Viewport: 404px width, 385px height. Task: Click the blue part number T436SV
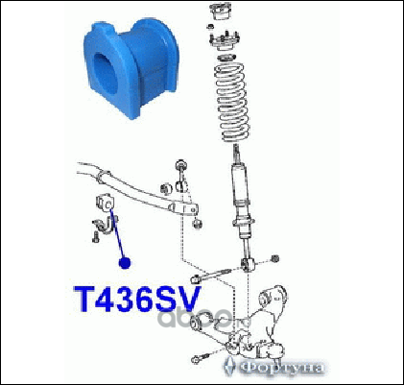tap(137, 299)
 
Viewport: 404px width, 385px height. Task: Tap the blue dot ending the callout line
tap(125, 263)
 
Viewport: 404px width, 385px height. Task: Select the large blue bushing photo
tap(131, 68)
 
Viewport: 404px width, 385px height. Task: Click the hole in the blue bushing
tap(106, 72)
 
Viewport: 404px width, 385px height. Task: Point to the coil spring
tap(232, 102)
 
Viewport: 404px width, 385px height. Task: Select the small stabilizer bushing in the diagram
tap(105, 202)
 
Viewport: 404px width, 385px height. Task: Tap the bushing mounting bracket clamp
tap(104, 226)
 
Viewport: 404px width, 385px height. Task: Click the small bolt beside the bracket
tap(95, 237)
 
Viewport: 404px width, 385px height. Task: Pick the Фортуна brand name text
tap(281, 367)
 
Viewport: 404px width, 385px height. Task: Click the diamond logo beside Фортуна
tap(230, 366)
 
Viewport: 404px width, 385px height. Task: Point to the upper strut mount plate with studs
tap(224, 40)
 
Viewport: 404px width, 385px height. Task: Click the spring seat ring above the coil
tap(226, 59)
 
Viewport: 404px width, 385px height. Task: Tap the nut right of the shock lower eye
tap(274, 259)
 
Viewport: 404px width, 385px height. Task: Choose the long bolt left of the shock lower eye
tap(210, 276)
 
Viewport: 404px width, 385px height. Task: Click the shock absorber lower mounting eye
tap(248, 264)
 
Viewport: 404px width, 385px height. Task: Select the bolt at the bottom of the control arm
tap(200, 358)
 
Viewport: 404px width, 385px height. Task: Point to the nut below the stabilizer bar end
tap(197, 224)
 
